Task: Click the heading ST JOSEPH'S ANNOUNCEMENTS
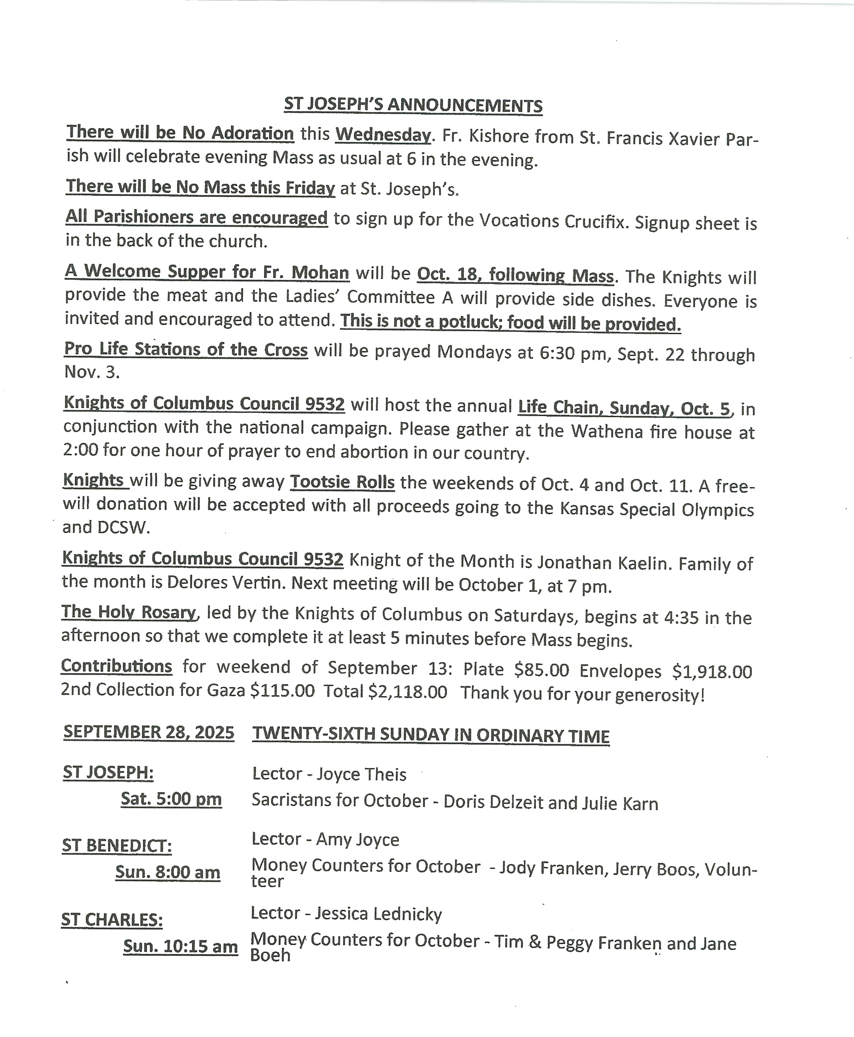(413, 105)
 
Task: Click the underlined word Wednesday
(383, 134)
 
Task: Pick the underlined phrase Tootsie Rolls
(342, 482)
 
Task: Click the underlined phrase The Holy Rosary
(129, 612)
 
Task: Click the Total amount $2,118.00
(408, 692)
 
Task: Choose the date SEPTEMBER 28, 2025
(148, 732)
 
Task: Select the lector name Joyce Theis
(361, 774)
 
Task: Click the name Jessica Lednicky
(378, 914)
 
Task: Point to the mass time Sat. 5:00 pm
(171, 799)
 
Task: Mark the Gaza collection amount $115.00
(282, 691)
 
